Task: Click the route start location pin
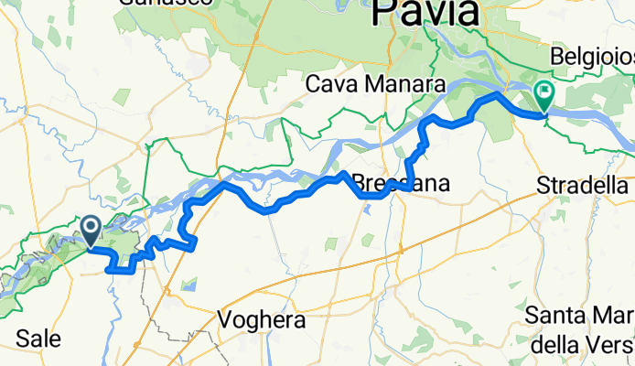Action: (x=91, y=229)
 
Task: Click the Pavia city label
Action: (x=425, y=13)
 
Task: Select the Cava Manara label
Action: (x=375, y=85)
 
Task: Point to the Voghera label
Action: (x=262, y=321)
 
